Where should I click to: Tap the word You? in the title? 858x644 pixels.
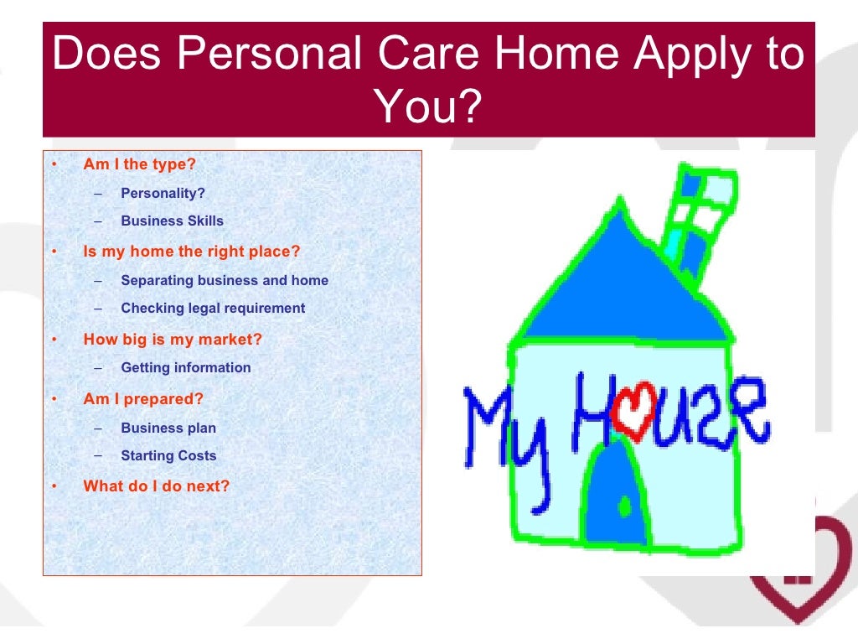click(x=428, y=106)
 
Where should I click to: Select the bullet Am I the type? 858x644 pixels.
click(x=139, y=164)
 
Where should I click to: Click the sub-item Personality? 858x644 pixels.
click(x=163, y=193)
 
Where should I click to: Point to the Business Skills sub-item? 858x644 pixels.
click(x=172, y=221)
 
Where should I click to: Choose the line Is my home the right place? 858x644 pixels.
click(x=191, y=251)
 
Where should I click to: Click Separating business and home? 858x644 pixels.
click(x=224, y=280)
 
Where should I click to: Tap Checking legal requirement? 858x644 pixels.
click(x=213, y=308)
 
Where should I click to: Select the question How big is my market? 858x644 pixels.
click(x=173, y=340)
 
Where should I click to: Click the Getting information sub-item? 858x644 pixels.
click(x=185, y=367)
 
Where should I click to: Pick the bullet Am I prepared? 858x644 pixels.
click(x=143, y=399)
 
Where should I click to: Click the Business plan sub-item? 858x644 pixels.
click(x=168, y=428)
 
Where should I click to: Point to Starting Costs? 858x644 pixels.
click(x=168, y=455)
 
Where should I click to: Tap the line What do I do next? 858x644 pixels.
click(x=156, y=486)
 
